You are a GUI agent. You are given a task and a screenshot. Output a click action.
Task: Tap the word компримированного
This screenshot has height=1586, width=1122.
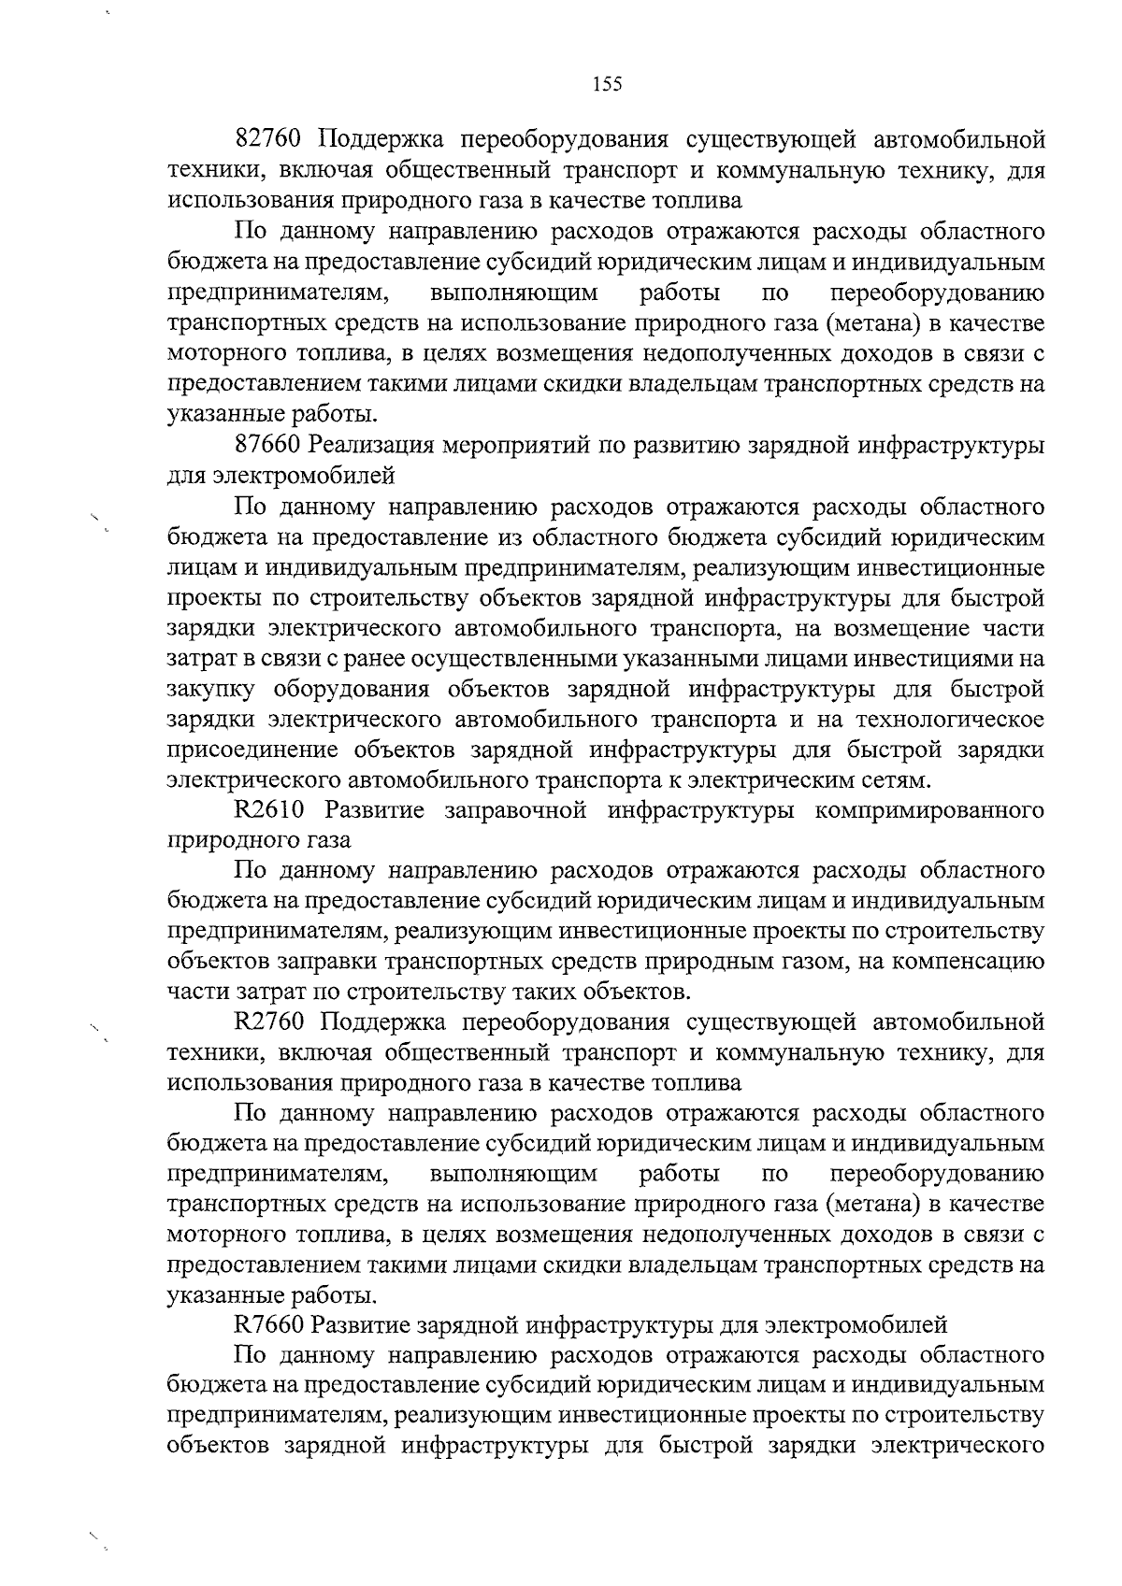pos(929,809)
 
